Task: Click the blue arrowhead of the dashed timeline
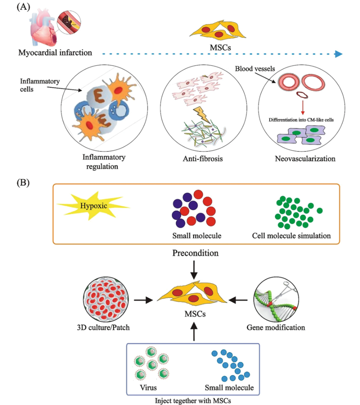point(338,54)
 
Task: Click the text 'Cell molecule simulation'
point(292,235)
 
